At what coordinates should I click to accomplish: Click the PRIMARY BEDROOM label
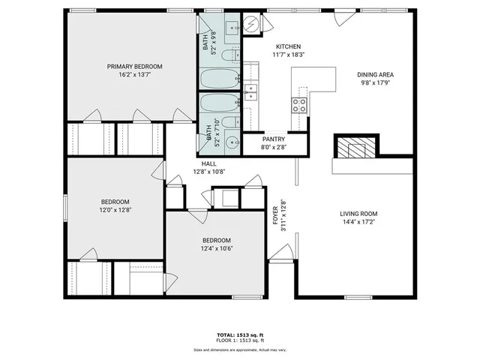pos(134,66)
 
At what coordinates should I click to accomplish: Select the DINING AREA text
pos(375,74)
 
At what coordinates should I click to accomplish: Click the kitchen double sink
pos(252,92)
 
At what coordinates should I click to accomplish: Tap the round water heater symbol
pos(252,25)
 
